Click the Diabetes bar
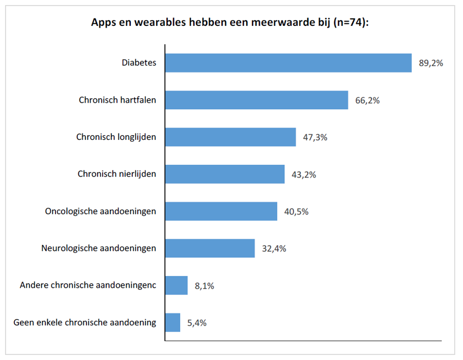pos(288,63)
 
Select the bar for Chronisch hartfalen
pos(256,100)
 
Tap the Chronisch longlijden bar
pos(230,137)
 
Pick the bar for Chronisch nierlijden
pos(225,174)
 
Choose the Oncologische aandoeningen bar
pos(221,212)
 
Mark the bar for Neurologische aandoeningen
pos(210,248)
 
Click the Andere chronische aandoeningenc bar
pos(176,285)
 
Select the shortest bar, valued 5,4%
pos(173,322)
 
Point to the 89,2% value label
pos(431,63)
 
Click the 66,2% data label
pos(367,100)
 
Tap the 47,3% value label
pos(315,137)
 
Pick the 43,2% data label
pos(304,175)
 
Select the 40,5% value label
pos(296,212)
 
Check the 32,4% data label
pos(274,249)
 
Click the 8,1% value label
pos(205,286)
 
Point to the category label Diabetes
pos(139,63)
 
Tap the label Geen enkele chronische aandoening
pos(85,322)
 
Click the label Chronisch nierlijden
pos(117,174)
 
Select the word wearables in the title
pos(160,22)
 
